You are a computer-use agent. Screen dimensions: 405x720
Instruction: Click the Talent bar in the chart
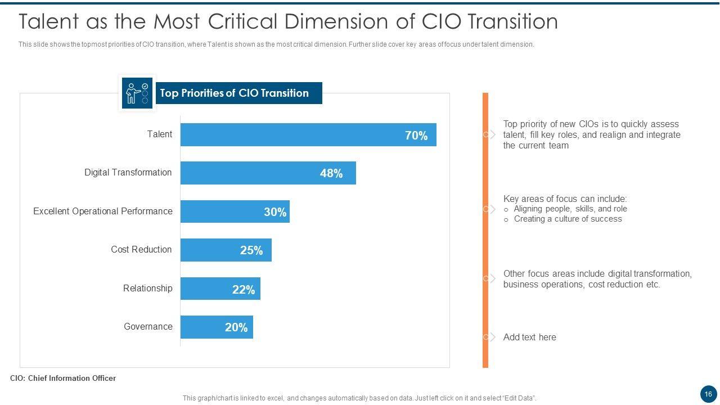(x=292, y=135)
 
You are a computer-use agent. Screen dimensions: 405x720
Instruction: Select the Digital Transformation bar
(x=253, y=173)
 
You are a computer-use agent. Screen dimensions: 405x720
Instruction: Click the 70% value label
(x=416, y=136)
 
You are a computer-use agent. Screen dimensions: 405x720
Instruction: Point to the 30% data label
(x=275, y=212)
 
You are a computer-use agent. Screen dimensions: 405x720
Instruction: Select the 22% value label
(x=244, y=290)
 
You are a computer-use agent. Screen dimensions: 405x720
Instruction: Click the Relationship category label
(x=147, y=289)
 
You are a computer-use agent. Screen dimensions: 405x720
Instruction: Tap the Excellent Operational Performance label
(x=102, y=211)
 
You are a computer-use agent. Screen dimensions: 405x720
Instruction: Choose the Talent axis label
(x=160, y=134)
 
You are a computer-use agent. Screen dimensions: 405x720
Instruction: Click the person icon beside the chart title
(x=137, y=93)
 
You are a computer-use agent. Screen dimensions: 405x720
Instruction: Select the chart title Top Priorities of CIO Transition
(x=234, y=93)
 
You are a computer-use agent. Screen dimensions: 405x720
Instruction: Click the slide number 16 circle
(x=708, y=394)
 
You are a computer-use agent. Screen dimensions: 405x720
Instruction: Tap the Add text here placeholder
(x=529, y=337)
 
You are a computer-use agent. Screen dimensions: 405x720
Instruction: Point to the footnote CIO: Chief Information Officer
(x=63, y=378)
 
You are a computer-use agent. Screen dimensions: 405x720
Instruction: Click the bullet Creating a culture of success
(x=568, y=219)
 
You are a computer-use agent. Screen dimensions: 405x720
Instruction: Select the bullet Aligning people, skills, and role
(x=570, y=209)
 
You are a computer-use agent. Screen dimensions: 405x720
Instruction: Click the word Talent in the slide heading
(x=48, y=21)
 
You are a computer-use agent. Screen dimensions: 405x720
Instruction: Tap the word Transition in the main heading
(x=512, y=21)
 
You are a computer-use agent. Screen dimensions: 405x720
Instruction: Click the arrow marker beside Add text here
(x=490, y=337)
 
